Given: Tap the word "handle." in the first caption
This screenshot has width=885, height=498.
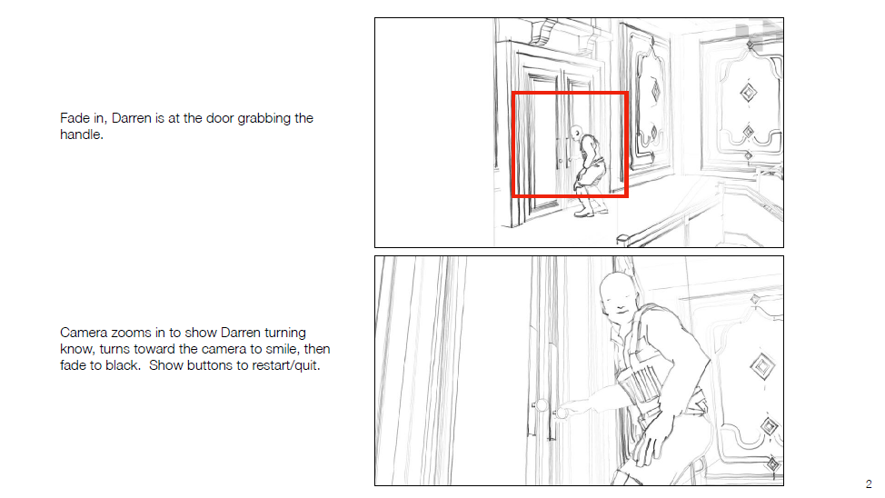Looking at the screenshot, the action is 81,134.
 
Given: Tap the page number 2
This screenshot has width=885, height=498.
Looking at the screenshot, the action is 869,483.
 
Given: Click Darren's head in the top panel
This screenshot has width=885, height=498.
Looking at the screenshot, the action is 576,134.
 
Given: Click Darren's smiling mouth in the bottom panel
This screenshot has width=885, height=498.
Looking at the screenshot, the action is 619,311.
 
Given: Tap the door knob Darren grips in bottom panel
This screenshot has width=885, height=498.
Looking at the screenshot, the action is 561,413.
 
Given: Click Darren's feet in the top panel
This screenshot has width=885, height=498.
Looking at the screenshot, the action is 591,213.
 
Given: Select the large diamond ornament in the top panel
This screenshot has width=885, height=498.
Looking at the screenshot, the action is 749,93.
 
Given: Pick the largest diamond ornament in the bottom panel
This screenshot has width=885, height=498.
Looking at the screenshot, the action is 762,366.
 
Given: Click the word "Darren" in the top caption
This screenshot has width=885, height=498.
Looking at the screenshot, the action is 132,118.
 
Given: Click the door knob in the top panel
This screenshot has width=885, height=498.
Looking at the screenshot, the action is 561,161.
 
